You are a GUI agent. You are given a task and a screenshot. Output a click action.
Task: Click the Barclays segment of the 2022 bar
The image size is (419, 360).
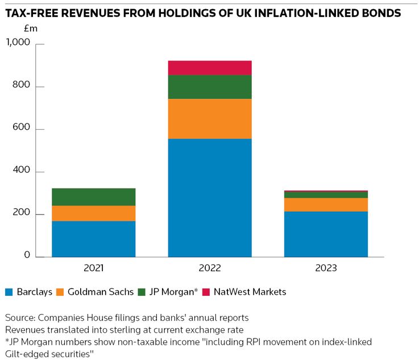pos(210,197)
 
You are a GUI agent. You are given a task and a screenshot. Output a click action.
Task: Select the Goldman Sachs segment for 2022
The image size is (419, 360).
pos(210,118)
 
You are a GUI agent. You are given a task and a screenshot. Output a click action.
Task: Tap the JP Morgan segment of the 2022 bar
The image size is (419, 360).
pos(210,86)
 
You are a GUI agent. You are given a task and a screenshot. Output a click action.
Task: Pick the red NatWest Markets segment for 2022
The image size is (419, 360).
pos(210,68)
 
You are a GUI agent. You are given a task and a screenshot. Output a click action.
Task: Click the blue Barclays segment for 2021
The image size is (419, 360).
pos(93,239)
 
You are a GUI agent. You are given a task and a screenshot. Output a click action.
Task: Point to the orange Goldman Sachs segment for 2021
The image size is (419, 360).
pos(93,213)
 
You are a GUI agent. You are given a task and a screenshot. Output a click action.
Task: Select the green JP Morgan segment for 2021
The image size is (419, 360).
pos(93,197)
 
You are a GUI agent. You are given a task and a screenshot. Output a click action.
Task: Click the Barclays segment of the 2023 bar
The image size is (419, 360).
pos(326,234)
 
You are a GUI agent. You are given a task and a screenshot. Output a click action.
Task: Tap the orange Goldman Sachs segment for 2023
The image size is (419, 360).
pos(326,205)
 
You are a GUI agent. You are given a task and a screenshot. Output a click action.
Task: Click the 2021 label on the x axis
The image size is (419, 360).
pos(93,268)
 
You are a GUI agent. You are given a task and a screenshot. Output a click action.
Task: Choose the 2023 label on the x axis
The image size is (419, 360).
pos(326,268)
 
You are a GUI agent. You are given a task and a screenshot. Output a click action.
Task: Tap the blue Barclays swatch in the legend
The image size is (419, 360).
pos(9,292)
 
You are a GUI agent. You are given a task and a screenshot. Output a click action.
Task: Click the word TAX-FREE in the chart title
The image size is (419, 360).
pos(32,13)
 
